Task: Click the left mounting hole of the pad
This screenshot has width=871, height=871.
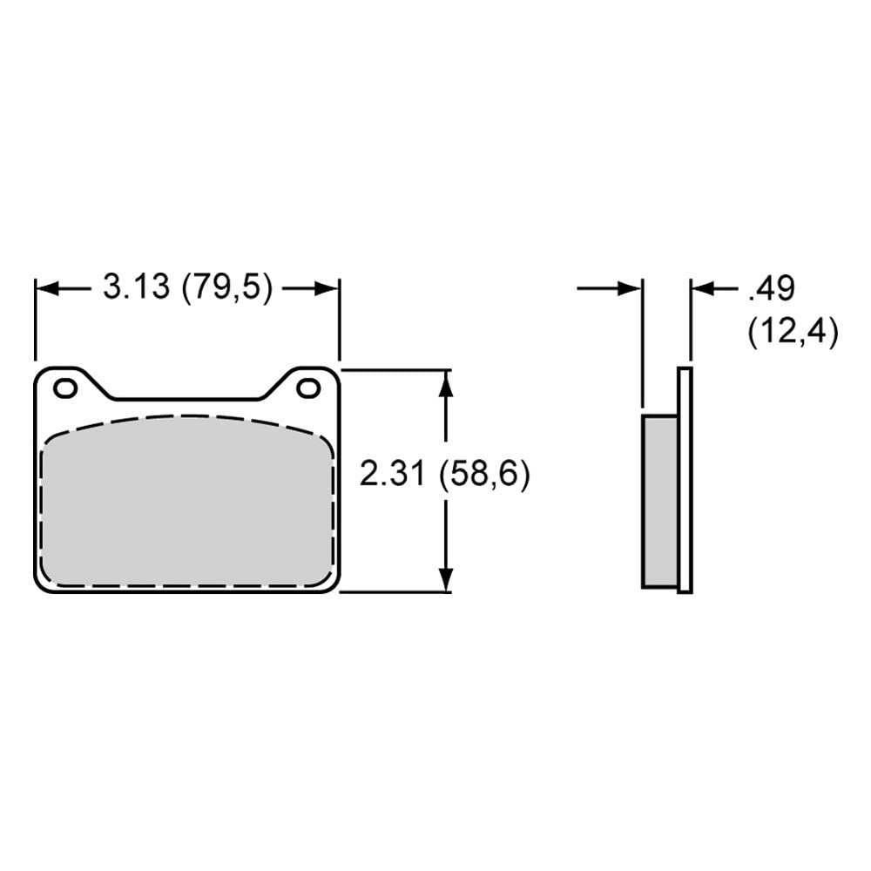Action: click(64, 388)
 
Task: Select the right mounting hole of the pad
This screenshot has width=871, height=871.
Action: click(307, 388)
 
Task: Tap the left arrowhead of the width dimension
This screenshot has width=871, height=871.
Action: click(45, 288)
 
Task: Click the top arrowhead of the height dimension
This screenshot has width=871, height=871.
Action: click(446, 381)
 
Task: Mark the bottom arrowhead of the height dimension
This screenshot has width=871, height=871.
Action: click(446, 579)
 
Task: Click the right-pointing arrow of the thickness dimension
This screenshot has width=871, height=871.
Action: click(630, 288)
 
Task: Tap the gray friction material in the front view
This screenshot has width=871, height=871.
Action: click(187, 505)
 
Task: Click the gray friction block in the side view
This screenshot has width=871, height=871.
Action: click(659, 501)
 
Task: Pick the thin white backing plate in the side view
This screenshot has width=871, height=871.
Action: click(685, 479)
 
